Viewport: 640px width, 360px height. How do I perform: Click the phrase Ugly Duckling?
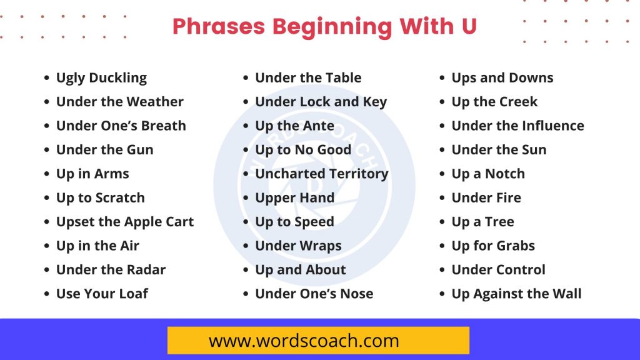tap(101, 78)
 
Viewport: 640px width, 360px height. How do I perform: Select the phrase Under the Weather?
tap(119, 102)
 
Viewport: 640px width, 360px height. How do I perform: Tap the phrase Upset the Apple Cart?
tap(125, 222)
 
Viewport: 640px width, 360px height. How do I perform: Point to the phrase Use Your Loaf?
tap(102, 294)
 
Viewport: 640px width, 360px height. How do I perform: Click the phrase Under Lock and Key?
tap(321, 102)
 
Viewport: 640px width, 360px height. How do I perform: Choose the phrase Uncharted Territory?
tap(321, 174)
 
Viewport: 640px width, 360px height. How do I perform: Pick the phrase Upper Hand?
tap(294, 198)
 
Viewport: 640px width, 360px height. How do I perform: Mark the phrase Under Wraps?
tap(298, 246)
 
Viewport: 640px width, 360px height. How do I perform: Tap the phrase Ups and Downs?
tap(502, 78)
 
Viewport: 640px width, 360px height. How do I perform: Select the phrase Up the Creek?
tap(494, 102)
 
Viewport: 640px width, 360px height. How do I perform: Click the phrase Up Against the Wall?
tap(516, 294)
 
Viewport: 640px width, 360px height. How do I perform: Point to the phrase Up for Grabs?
tap(493, 246)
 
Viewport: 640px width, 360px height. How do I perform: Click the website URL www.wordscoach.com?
tap(304, 341)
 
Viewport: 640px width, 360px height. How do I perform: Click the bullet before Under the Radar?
tap(47, 271)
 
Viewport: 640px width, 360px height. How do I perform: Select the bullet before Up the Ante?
tap(246, 126)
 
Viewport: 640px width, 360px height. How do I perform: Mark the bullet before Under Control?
tap(442, 271)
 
